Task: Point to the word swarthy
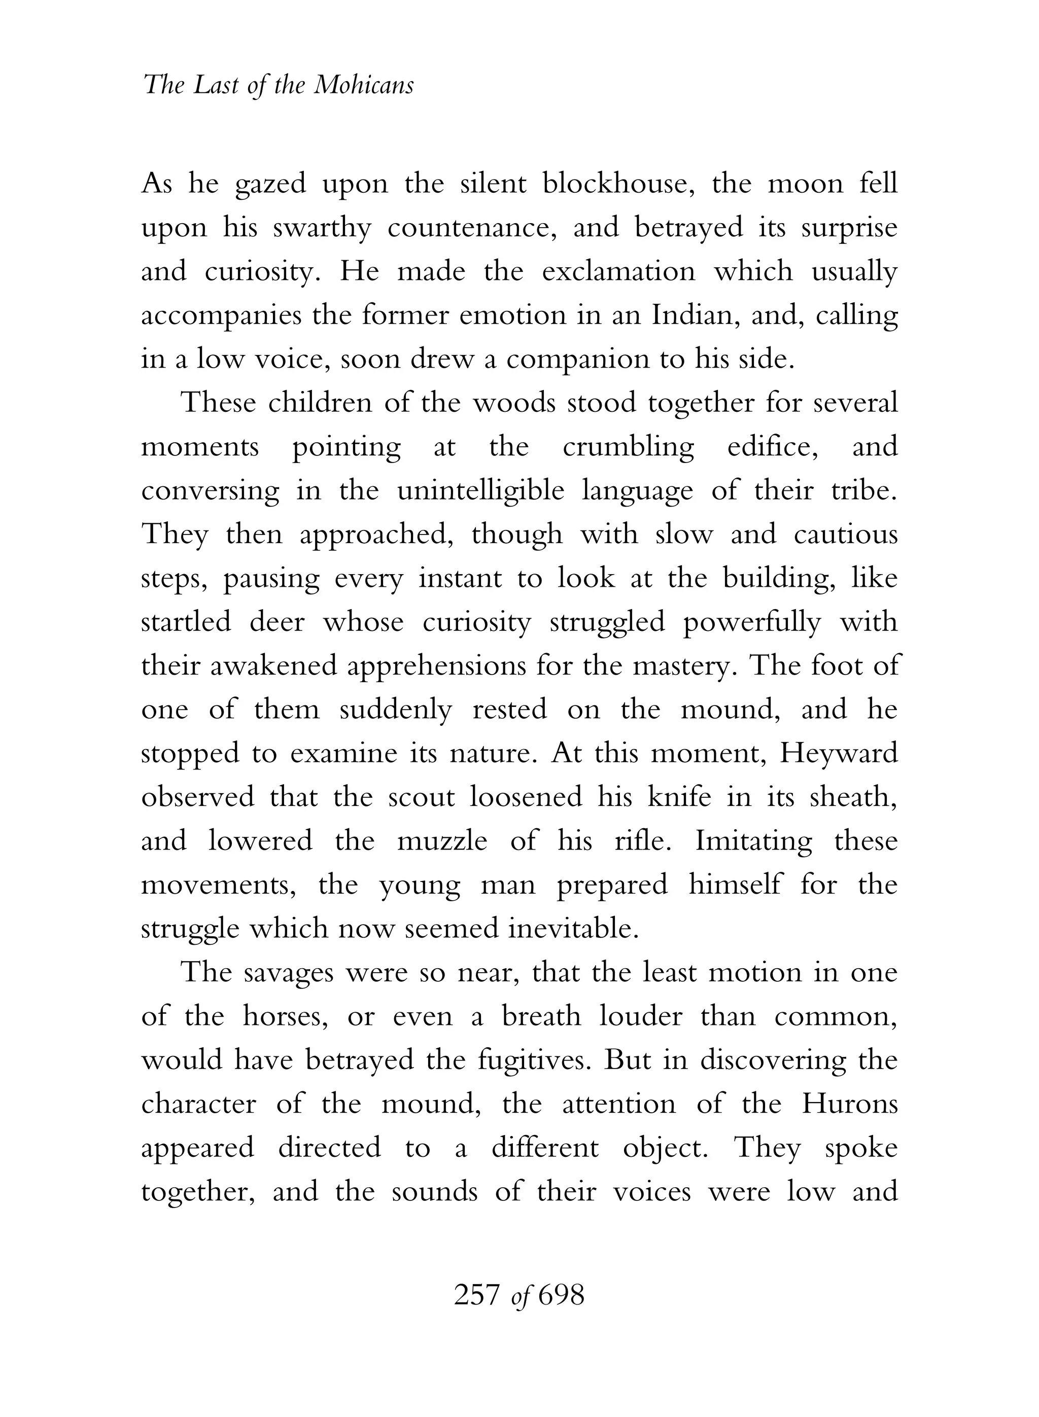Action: pyautogui.click(x=322, y=228)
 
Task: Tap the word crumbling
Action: pyautogui.click(x=628, y=447)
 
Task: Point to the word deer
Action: pyautogui.click(x=276, y=622)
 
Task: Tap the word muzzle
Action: pyautogui.click(x=442, y=841)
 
